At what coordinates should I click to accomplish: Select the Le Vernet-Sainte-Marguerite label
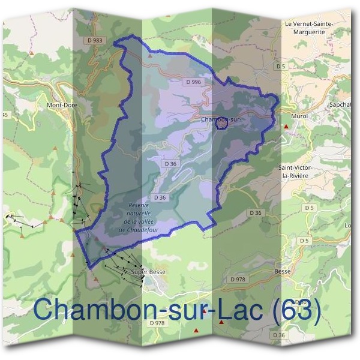(308, 28)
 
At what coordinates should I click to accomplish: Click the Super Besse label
(148, 272)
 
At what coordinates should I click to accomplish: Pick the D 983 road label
(95, 40)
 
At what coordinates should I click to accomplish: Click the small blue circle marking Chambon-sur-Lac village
(221, 123)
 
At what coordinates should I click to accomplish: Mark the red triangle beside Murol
(287, 127)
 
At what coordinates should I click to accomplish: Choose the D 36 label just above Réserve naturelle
(160, 197)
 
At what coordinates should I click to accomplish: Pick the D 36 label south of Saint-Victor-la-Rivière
(256, 213)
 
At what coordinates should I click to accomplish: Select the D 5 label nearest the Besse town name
(304, 241)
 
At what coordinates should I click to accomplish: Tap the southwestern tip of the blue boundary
(90, 266)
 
